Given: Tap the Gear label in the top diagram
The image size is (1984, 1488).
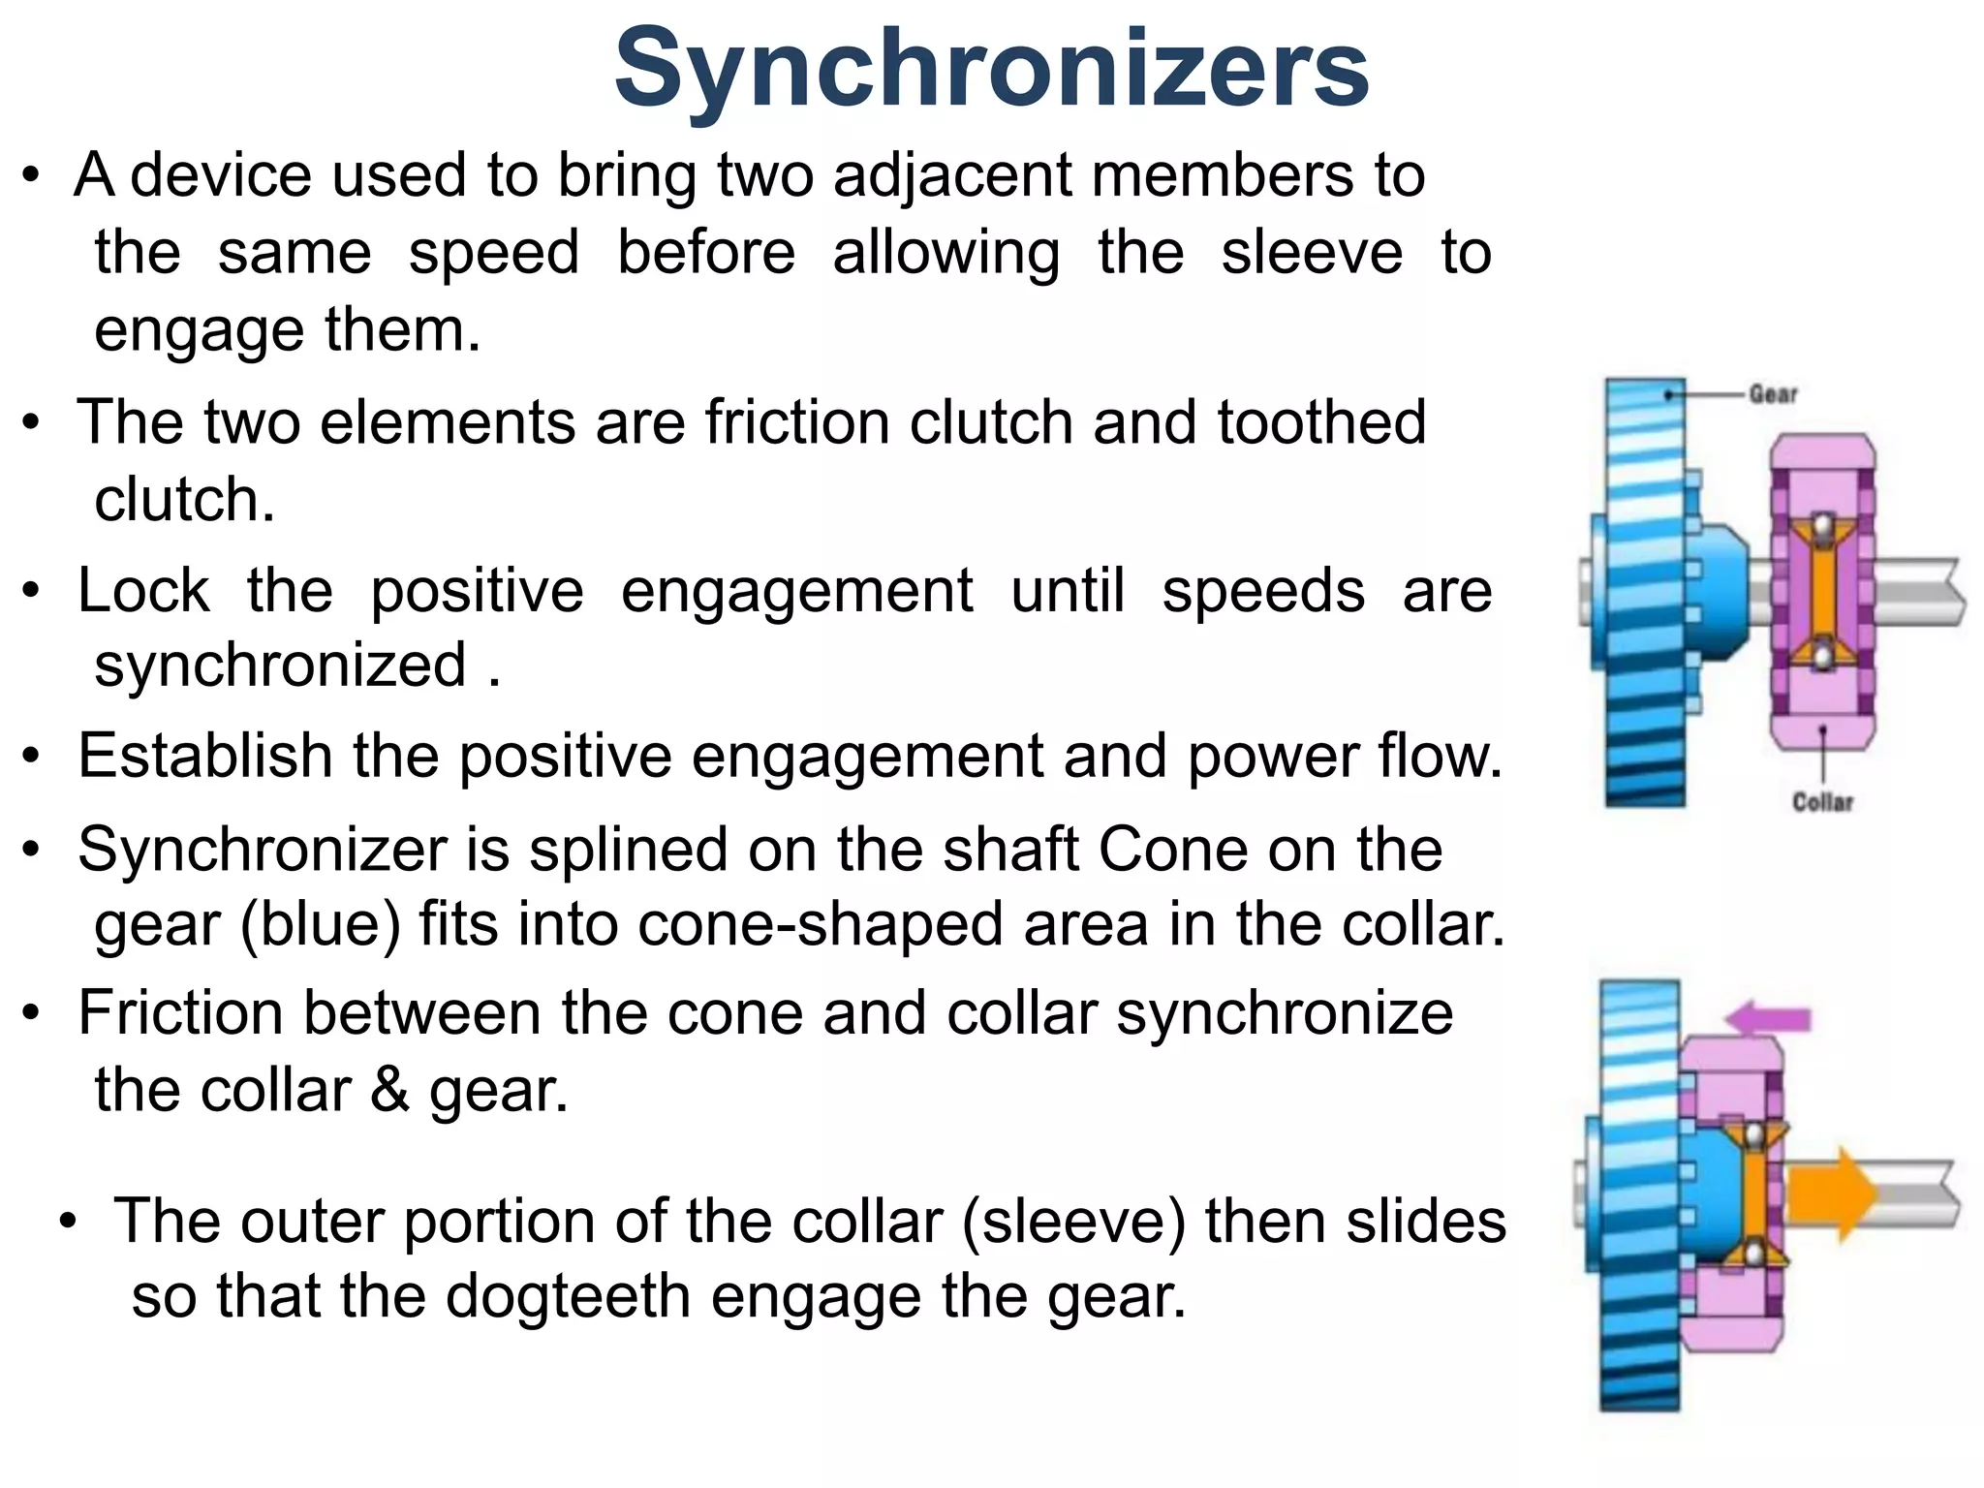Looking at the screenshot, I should coord(1773,394).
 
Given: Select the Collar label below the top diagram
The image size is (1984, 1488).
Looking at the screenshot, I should coord(1822,802).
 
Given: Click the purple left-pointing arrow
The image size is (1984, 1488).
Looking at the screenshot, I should coord(1767,1018).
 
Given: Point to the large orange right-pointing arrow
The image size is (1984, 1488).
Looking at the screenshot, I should coord(1831,1194).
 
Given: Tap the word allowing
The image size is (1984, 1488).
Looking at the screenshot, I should coord(945,254).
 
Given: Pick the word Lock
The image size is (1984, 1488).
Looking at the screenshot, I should coord(143,591).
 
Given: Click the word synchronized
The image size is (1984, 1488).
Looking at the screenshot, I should coord(281,666).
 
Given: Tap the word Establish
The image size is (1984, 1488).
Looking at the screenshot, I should coord(205,756).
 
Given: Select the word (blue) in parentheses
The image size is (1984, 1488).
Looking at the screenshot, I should coord(320,924).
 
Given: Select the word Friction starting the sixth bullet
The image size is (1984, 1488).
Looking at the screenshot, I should coord(180,1013).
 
